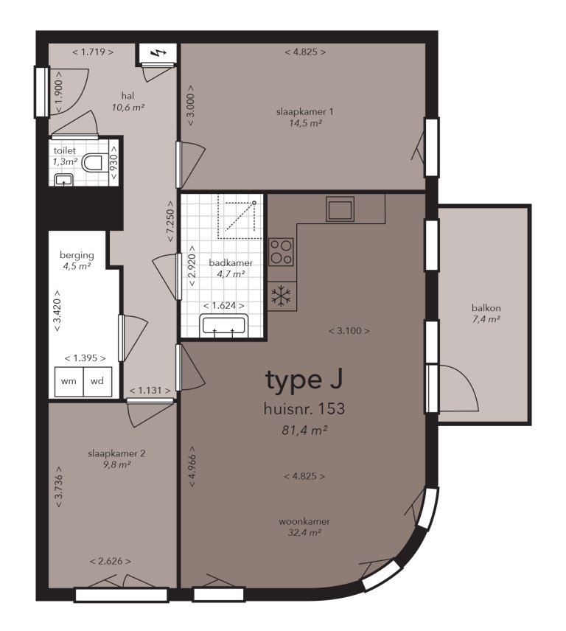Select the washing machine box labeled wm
point(69,381)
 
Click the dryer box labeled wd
point(97,381)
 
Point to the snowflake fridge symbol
point(281,296)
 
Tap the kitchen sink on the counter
point(340,209)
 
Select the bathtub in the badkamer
point(223,325)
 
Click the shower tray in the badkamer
point(237,219)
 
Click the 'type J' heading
point(304,380)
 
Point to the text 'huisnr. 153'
point(304,408)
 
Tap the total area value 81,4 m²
point(304,430)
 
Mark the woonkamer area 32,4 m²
point(304,532)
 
